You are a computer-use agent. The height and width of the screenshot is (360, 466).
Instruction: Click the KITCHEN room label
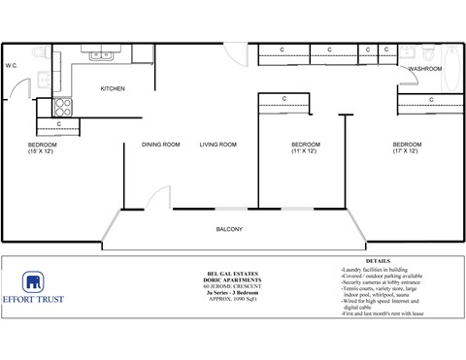tap(114, 89)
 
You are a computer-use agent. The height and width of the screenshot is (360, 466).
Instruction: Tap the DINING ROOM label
tap(161, 145)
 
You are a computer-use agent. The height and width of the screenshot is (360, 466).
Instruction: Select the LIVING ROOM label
tap(218, 145)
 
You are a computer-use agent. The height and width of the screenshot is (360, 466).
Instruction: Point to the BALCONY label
tap(229, 229)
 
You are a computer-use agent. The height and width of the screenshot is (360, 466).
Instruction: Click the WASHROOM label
tap(425, 69)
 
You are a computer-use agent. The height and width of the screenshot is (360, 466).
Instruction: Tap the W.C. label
tap(13, 66)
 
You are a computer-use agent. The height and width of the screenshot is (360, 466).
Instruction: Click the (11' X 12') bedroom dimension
tap(306, 152)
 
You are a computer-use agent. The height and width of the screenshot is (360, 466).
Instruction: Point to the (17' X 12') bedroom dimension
tap(406, 152)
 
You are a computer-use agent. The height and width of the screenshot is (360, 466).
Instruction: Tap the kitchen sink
tap(102, 55)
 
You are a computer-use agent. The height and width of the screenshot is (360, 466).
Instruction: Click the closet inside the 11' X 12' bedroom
tap(283, 98)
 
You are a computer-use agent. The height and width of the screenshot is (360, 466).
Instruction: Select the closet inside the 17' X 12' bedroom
tap(429, 98)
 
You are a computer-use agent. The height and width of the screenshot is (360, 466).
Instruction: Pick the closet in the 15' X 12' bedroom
tap(59, 124)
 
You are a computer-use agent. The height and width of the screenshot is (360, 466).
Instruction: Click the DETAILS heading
tap(379, 261)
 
